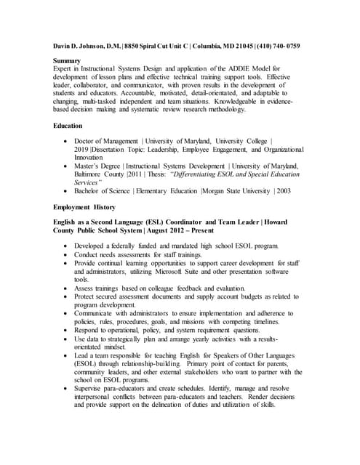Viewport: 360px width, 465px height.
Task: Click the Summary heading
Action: (68, 60)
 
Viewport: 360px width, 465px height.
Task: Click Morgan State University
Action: (235, 191)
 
